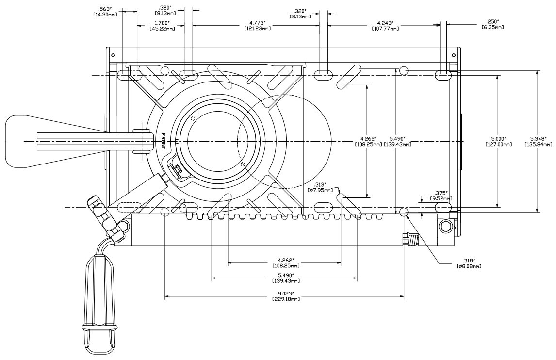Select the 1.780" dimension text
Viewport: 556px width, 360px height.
(x=162, y=22)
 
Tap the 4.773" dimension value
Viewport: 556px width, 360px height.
(x=257, y=22)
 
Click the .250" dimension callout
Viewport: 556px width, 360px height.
(x=492, y=21)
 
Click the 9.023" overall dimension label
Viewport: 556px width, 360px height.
(x=285, y=293)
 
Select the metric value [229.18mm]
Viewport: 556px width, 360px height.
(x=285, y=299)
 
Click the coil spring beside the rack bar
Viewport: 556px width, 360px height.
(x=412, y=239)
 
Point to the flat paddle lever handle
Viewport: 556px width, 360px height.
(x=29, y=141)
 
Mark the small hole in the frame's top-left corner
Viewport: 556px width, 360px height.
(x=113, y=54)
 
